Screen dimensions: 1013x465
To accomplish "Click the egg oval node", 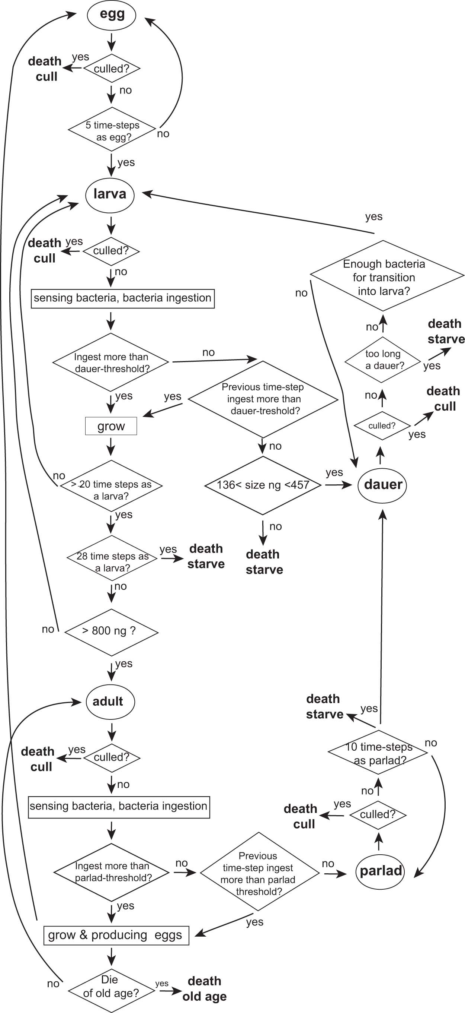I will (x=112, y=15).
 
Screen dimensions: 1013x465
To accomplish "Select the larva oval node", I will (x=110, y=194).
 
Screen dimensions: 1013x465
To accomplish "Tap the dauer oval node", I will (x=382, y=484).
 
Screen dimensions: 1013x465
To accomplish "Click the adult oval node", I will (x=110, y=701).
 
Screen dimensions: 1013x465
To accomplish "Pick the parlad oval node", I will (x=380, y=871).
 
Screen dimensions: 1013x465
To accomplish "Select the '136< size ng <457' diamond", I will (x=263, y=485).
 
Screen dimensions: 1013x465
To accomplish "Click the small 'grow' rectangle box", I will (x=111, y=426).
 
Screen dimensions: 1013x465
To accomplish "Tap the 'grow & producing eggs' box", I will (x=116, y=935).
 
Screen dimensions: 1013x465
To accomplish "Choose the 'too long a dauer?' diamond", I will (x=382, y=360).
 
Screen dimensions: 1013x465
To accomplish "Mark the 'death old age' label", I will (x=204, y=989).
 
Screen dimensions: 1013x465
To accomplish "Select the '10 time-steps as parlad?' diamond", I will (x=378, y=752).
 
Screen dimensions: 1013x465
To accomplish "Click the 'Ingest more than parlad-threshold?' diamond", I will (x=112, y=872).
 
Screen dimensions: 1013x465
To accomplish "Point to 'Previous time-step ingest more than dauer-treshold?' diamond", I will (x=263, y=399).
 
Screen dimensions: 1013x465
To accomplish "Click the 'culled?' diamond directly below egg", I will (x=112, y=69).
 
